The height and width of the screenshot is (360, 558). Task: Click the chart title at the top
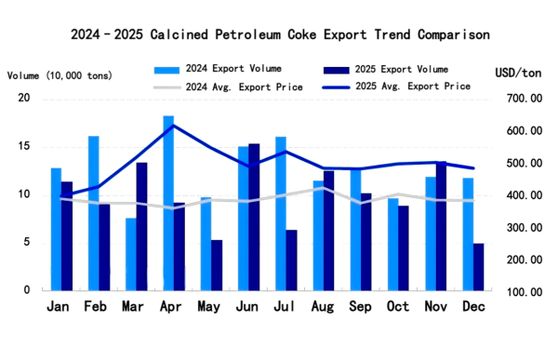pos(280,35)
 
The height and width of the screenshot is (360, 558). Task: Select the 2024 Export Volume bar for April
pos(168,203)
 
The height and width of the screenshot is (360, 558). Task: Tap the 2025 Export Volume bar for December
pos(478,267)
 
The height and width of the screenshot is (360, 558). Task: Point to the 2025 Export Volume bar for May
pos(217,265)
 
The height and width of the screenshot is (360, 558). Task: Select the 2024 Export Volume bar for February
pos(94,213)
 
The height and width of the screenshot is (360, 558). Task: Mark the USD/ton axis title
pos(519,73)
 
